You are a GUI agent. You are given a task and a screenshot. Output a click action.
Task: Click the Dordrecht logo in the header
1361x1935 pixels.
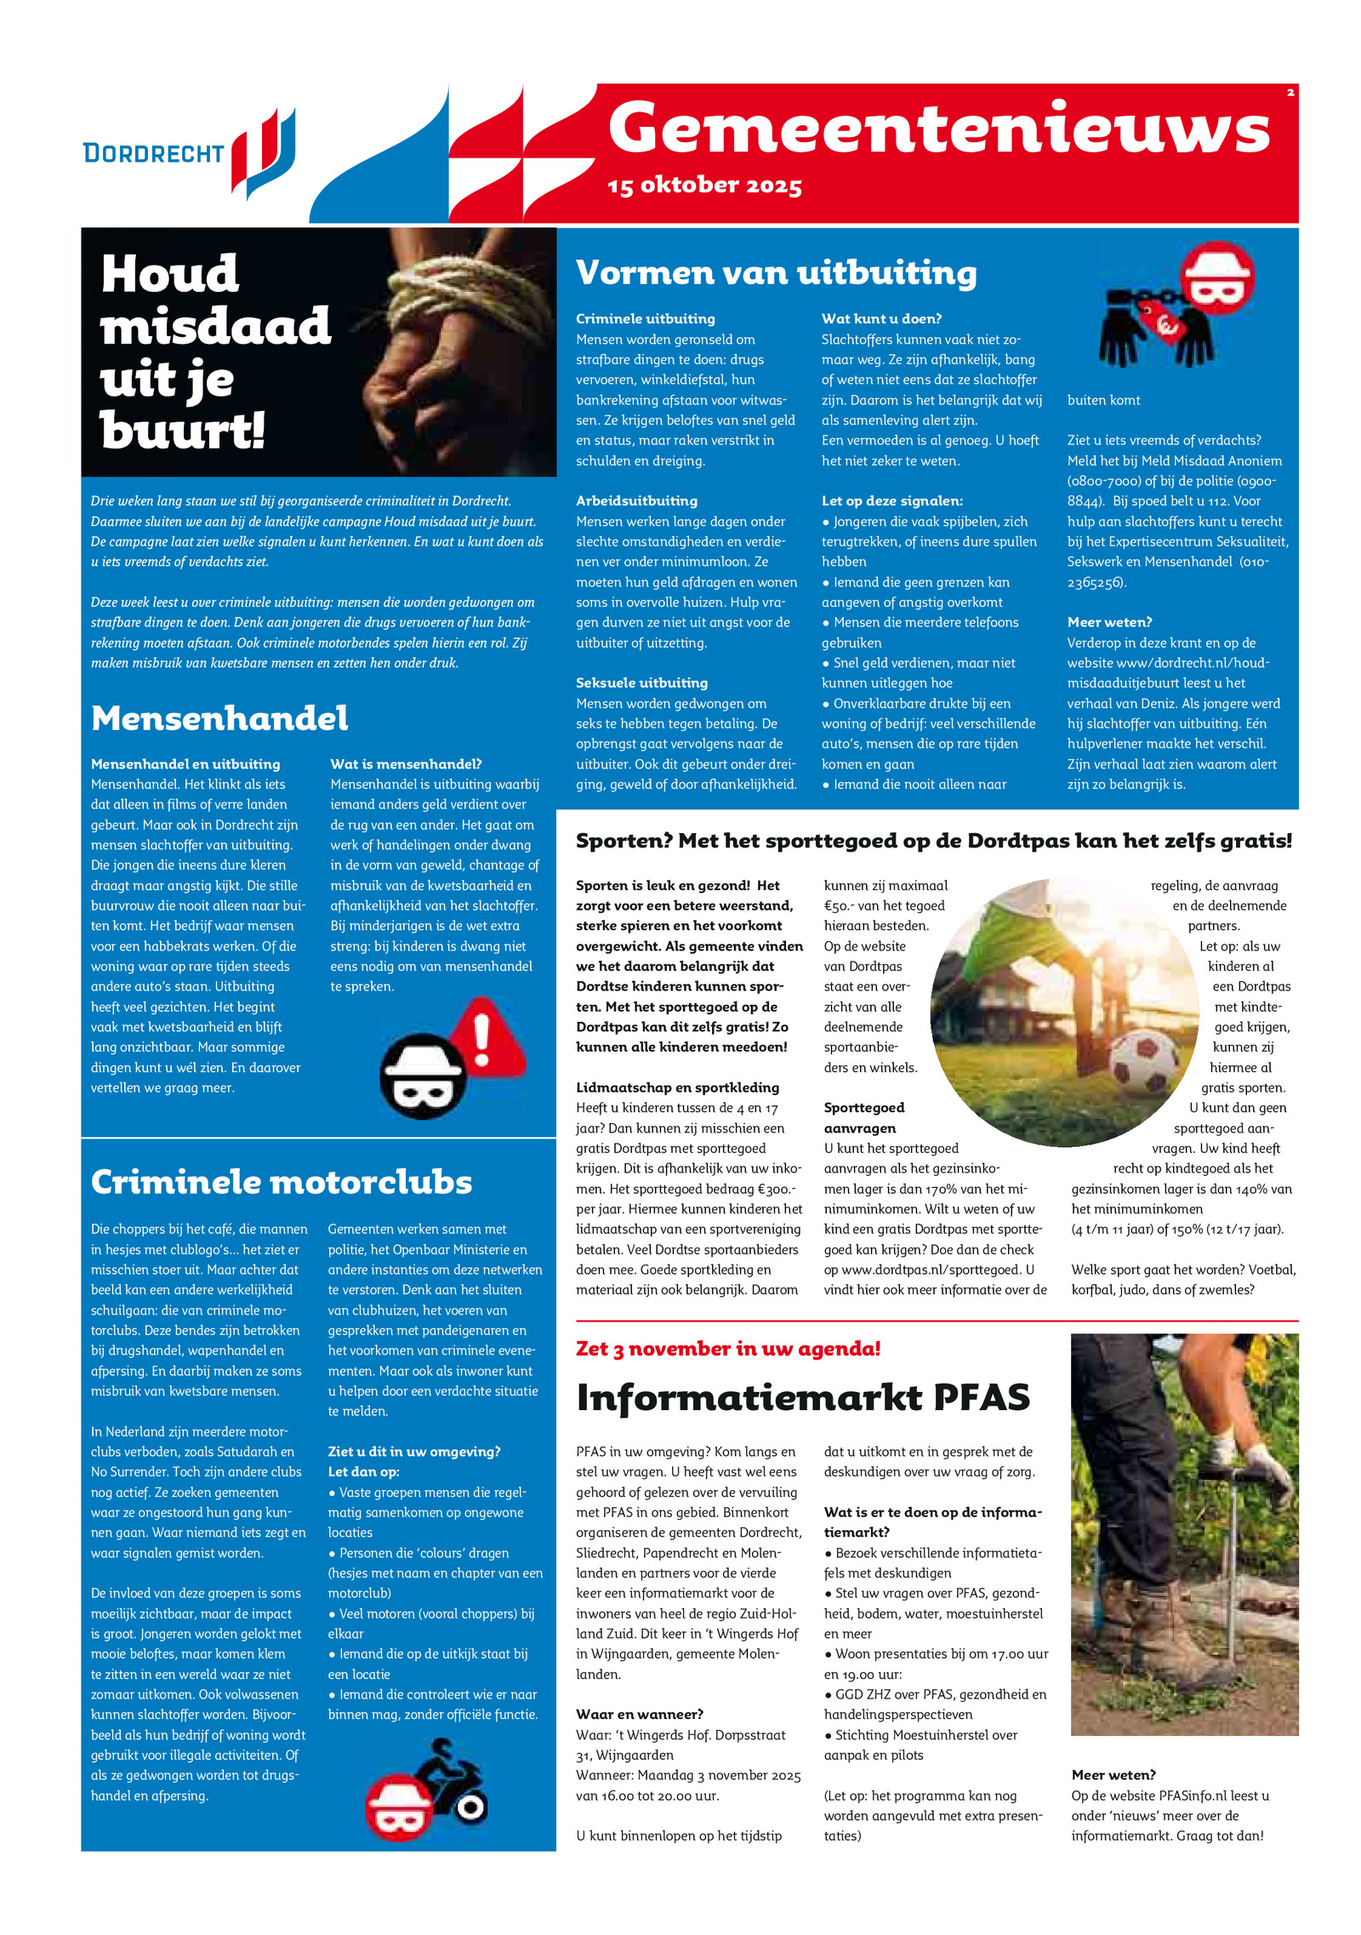[189, 153]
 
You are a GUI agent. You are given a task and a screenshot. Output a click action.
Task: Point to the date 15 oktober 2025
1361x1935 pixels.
[704, 186]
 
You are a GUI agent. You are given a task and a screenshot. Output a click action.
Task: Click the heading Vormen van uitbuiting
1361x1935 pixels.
[776, 273]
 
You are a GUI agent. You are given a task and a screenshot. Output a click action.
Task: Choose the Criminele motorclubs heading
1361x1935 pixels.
[281, 1182]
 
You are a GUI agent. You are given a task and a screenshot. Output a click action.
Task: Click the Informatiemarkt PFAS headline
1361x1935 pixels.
[803, 1397]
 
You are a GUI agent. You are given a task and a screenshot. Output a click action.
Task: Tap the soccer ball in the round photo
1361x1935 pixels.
[1143, 1063]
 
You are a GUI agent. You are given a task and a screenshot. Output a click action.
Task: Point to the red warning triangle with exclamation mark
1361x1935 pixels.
[485, 1040]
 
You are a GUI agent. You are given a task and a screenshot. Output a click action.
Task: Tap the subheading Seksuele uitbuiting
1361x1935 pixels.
[641, 683]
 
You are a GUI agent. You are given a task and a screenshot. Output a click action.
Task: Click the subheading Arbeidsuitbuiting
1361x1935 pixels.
[636, 501]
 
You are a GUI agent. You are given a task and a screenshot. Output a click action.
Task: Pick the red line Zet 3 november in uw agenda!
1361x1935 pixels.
[728, 1349]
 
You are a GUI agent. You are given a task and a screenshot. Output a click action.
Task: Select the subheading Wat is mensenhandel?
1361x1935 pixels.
[406, 764]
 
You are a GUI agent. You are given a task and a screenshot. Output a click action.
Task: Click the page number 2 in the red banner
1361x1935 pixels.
[1290, 93]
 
